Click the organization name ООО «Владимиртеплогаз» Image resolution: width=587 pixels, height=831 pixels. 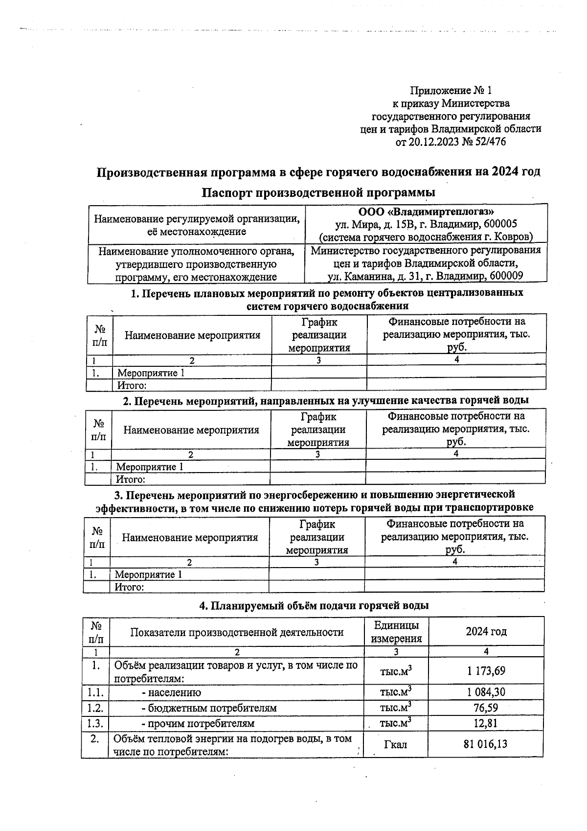(426, 212)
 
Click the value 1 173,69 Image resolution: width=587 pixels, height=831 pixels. (485, 670)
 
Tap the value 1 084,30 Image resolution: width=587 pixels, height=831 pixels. (485, 692)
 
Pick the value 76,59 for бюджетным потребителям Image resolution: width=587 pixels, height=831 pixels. (485, 708)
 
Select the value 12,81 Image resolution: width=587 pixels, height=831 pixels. (485, 723)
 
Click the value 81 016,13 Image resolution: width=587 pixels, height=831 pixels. (485, 744)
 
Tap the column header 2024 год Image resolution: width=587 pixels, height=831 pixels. (486, 631)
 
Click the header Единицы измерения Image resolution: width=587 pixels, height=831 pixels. (396, 632)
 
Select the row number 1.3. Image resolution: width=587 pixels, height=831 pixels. (95, 723)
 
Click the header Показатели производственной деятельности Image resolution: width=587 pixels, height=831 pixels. (237, 632)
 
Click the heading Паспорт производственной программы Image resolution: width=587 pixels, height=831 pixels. (318, 192)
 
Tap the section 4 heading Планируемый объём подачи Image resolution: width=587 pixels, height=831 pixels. (314, 605)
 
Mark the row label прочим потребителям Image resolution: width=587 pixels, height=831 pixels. (201, 723)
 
